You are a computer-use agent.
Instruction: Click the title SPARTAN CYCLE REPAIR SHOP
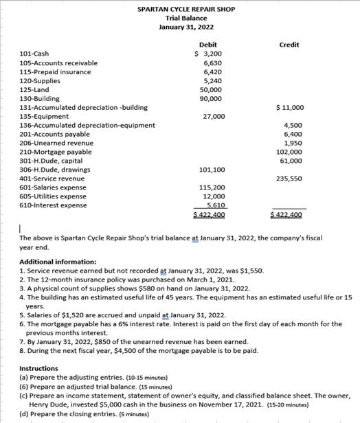[185, 10]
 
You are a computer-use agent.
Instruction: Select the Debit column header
[207, 45]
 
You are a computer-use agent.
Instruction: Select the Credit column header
[289, 45]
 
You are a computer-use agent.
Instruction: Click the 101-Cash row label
[34, 54]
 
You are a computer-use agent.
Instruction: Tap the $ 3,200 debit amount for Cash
[207, 54]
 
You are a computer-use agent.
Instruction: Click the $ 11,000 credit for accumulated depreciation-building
[289, 107]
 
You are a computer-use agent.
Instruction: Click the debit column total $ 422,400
[209, 215]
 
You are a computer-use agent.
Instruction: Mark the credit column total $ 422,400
[286, 215]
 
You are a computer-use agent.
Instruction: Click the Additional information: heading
[58, 262]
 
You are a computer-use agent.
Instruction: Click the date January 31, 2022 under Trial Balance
[185, 27]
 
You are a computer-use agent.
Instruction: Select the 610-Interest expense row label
[53, 205]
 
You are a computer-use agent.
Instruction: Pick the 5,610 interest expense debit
[214, 205]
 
